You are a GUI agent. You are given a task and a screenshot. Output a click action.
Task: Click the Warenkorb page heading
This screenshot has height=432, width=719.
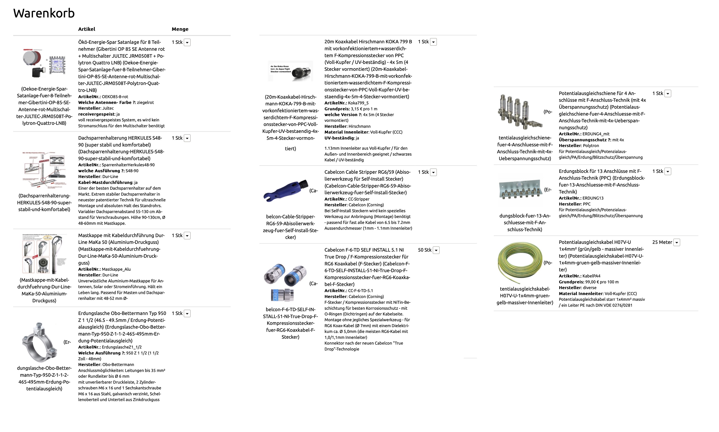(44, 13)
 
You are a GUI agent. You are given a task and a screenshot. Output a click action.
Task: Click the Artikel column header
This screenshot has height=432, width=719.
(87, 29)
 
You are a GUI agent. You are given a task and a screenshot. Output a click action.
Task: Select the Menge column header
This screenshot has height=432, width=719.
(180, 29)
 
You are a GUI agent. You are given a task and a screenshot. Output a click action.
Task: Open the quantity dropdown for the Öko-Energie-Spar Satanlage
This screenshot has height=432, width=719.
(187, 43)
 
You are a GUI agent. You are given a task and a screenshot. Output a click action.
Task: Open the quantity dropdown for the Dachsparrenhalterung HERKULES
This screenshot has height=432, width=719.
(187, 138)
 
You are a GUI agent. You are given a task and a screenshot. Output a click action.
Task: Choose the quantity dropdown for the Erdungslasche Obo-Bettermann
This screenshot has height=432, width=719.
(187, 313)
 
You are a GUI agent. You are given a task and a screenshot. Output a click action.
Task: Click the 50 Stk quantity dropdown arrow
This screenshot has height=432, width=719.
(436, 250)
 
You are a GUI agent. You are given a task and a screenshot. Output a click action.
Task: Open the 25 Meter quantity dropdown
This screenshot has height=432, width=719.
(677, 242)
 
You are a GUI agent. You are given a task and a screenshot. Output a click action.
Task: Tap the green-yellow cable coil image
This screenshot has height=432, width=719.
(520, 263)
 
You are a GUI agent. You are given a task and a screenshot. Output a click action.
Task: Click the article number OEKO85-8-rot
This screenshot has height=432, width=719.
(115, 97)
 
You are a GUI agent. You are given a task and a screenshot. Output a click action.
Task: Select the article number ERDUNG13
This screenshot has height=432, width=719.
(593, 198)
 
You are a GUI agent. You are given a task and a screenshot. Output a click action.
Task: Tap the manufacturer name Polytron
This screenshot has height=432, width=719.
(591, 146)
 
